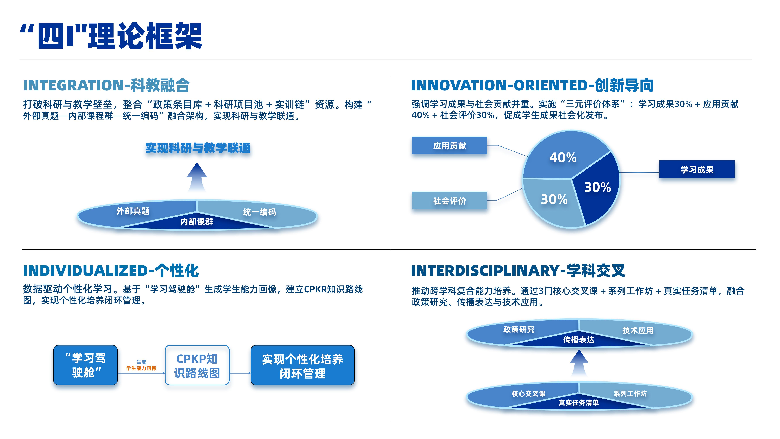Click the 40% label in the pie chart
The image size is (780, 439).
click(563, 158)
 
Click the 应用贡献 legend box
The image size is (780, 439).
click(449, 145)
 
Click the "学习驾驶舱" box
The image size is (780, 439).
click(85, 365)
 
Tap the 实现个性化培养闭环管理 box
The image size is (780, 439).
click(302, 365)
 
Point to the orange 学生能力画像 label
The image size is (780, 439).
click(141, 368)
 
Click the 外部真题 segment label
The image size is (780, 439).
click(133, 211)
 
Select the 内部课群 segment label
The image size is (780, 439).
click(197, 222)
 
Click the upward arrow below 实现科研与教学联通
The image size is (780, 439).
click(197, 177)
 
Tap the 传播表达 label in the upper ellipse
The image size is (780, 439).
click(579, 340)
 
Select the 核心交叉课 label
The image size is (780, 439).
click(528, 393)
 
